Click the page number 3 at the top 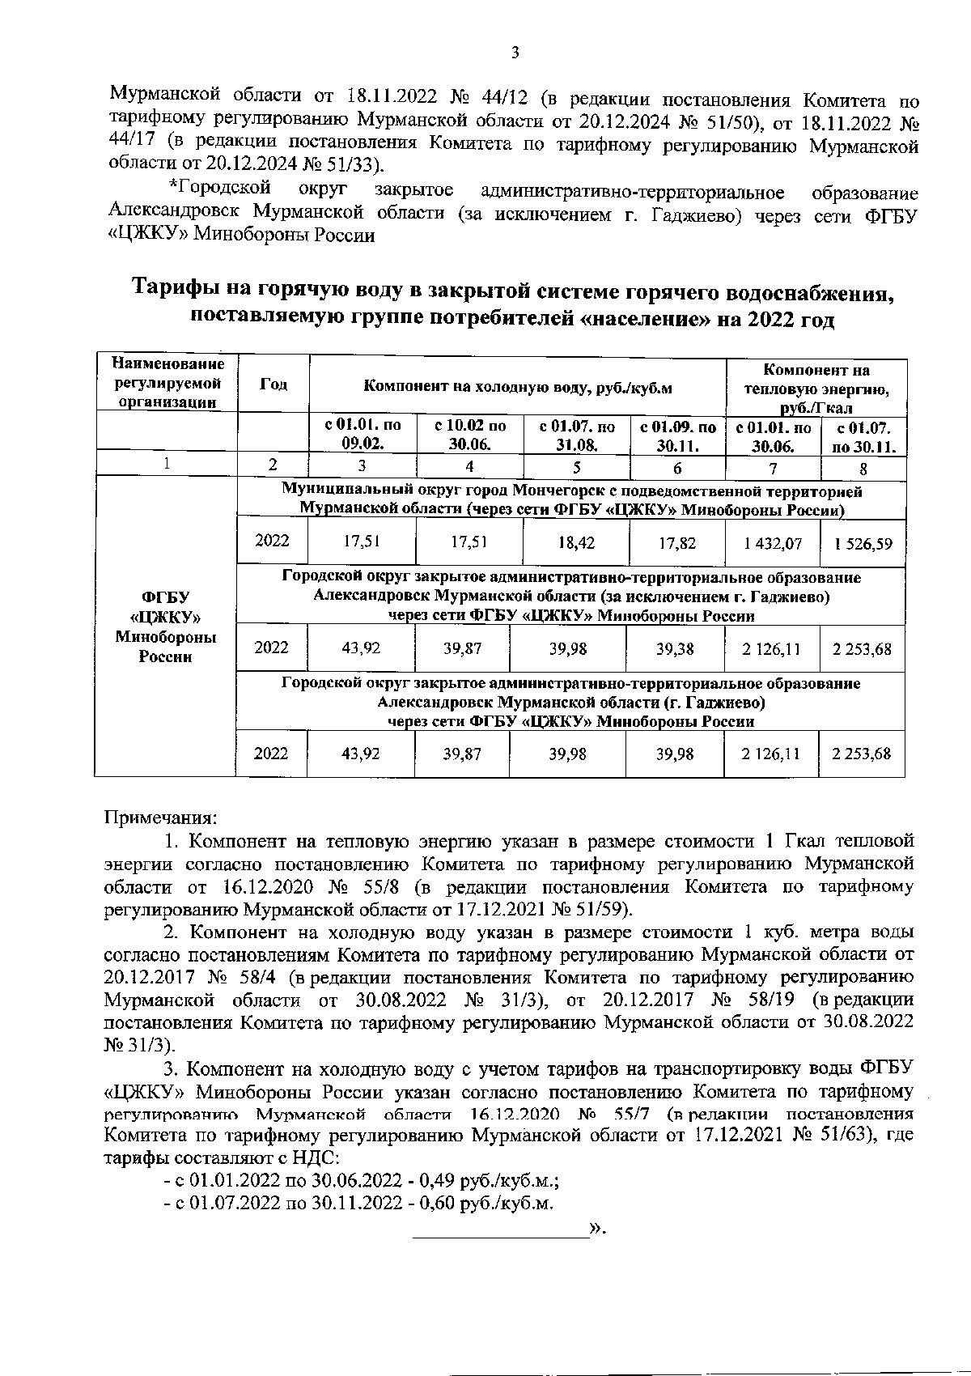coord(515,54)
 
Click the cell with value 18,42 coord(576,543)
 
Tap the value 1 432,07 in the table coord(773,543)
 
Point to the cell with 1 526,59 coord(863,543)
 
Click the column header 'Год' coord(273,384)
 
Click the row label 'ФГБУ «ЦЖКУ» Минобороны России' coord(166,626)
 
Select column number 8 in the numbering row coord(863,467)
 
